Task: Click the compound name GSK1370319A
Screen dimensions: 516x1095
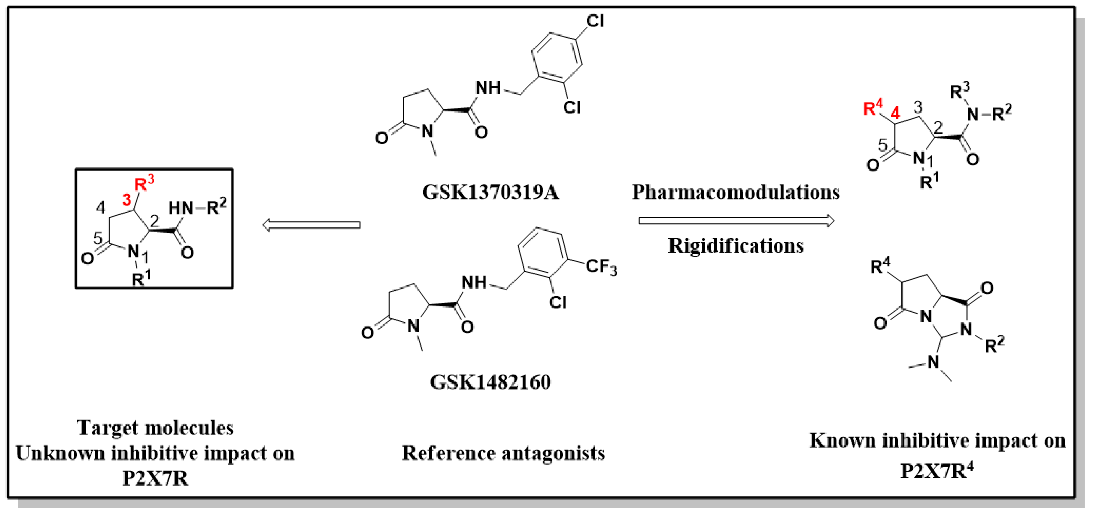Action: [490, 192]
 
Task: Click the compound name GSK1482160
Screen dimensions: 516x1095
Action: [490, 382]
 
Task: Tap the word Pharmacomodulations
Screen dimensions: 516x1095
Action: [735, 192]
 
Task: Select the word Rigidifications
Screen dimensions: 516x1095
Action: [735, 246]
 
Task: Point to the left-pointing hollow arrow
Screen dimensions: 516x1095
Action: [311, 225]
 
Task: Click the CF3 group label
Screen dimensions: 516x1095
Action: [601, 267]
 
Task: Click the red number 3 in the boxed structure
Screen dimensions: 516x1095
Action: [126, 200]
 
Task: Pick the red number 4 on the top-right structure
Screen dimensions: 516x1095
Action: [895, 113]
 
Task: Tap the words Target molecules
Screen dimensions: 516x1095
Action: [156, 428]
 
